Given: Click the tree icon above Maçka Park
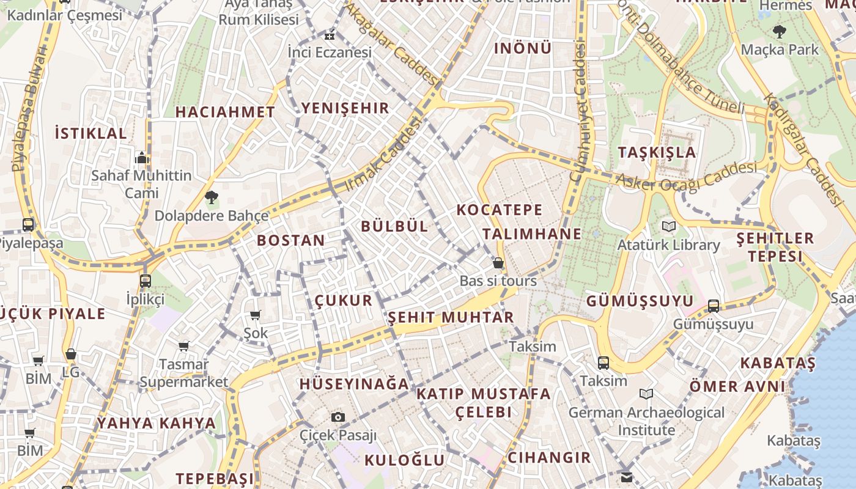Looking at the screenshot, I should pos(779,31).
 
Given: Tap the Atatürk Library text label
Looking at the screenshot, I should pos(668,245).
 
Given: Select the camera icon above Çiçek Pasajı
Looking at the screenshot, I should pos(338,417).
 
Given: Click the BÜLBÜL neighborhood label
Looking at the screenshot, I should pos(394,226).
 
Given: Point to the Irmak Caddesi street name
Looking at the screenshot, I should pos(384,154).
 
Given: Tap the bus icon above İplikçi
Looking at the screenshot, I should pos(145,281).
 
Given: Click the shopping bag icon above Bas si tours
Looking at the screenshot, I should pos(498,263).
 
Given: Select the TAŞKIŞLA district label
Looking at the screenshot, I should pos(657,152).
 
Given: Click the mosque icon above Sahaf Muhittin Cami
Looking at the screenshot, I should pos(142,158).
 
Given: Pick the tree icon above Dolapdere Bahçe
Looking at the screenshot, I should pos(211,197).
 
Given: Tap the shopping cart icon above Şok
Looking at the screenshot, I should pos(256,315).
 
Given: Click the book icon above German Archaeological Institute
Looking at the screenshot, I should pos(646,394).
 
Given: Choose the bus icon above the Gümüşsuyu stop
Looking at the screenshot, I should pos(714,306).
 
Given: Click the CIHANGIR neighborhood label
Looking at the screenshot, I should pos(549,458).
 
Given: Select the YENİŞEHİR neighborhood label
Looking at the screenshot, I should pos(345,109).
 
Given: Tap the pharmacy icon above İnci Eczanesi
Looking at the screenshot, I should pos(330,35).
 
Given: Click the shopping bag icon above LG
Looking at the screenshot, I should pos(71,355).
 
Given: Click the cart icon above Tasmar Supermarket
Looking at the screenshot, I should pos(184,347).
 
